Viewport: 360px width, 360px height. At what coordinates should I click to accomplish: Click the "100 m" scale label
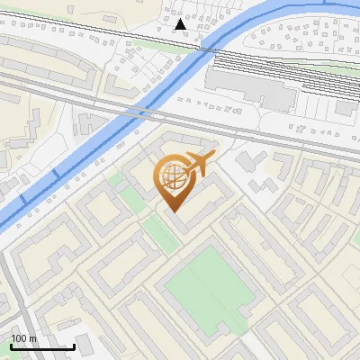[23, 338]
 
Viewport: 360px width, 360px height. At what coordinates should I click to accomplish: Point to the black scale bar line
[42, 346]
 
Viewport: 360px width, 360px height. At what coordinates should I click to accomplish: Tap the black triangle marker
[182, 24]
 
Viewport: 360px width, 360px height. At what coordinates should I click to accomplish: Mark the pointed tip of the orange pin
[173, 211]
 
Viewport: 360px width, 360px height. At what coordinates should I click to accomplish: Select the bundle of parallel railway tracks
[270, 67]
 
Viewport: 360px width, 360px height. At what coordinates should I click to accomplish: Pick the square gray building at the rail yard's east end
[347, 108]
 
